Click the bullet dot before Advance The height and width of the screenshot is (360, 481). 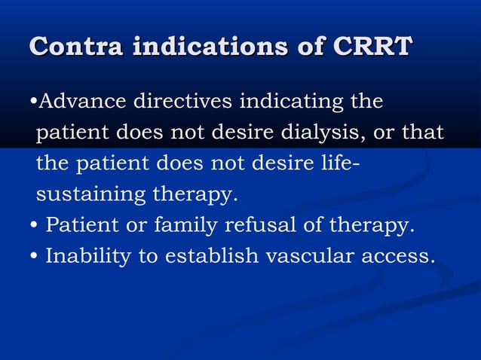[32, 102]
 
